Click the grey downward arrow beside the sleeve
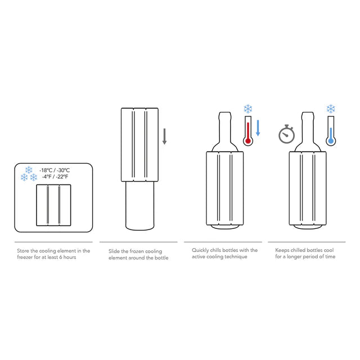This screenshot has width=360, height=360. pyautogui.click(x=165, y=137)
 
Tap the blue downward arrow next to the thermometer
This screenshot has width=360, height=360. pyautogui.click(x=258, y=128)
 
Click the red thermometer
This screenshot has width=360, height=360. pyautogui.click(x=247, y=132)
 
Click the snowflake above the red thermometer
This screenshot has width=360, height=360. pyautogui.click(x=247, y=109)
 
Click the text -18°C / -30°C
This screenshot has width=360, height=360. pyautogui.click(x=55, y=170)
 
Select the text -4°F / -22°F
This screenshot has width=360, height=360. pyautogui.click(x=55, y=177)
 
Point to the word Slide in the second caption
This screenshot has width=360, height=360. pyautogui.click(x=114, y=251)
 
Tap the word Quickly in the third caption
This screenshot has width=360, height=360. pyautogui.click(x=201, y=250)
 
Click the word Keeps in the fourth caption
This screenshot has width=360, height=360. pyautogui.click(x=283, y=250)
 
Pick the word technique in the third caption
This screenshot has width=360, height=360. pyautogui.click(x=237, y=258)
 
